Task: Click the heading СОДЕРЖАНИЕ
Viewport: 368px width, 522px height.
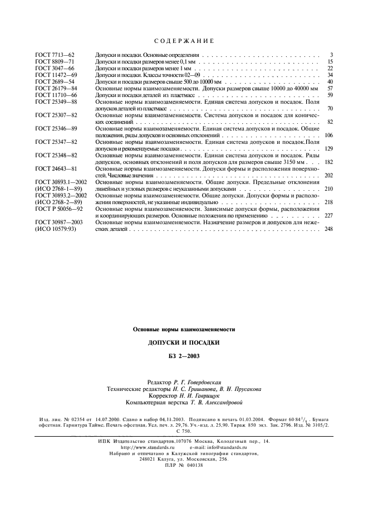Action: coord(184,41)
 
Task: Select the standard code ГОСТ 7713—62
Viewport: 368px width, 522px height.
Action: coord(54,55)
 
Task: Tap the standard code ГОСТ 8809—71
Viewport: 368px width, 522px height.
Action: coord(54,62)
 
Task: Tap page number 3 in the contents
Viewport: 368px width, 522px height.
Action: coord(331,55)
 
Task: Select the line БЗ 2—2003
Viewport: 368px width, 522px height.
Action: coord(184,356)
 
